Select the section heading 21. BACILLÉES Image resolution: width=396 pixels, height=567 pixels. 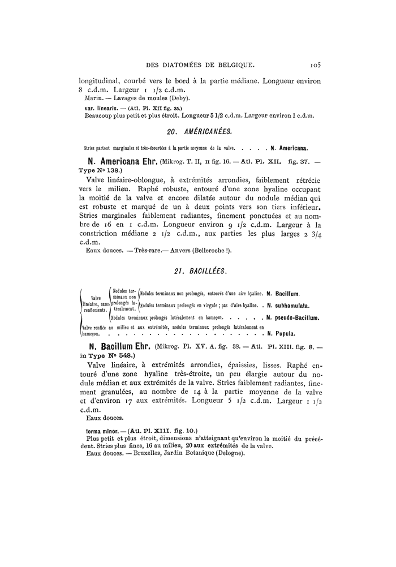(x=201, y=272)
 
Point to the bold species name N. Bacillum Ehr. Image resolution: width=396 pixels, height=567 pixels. (x=115, y=345)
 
